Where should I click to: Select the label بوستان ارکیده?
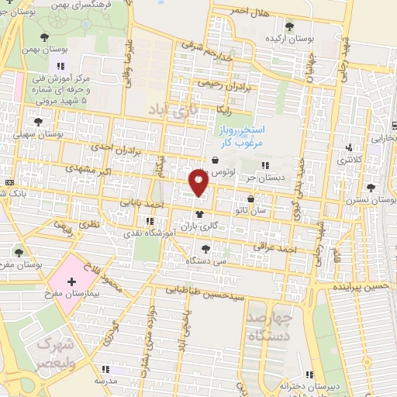(283, 37)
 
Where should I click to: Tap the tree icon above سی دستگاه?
(205, 249)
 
